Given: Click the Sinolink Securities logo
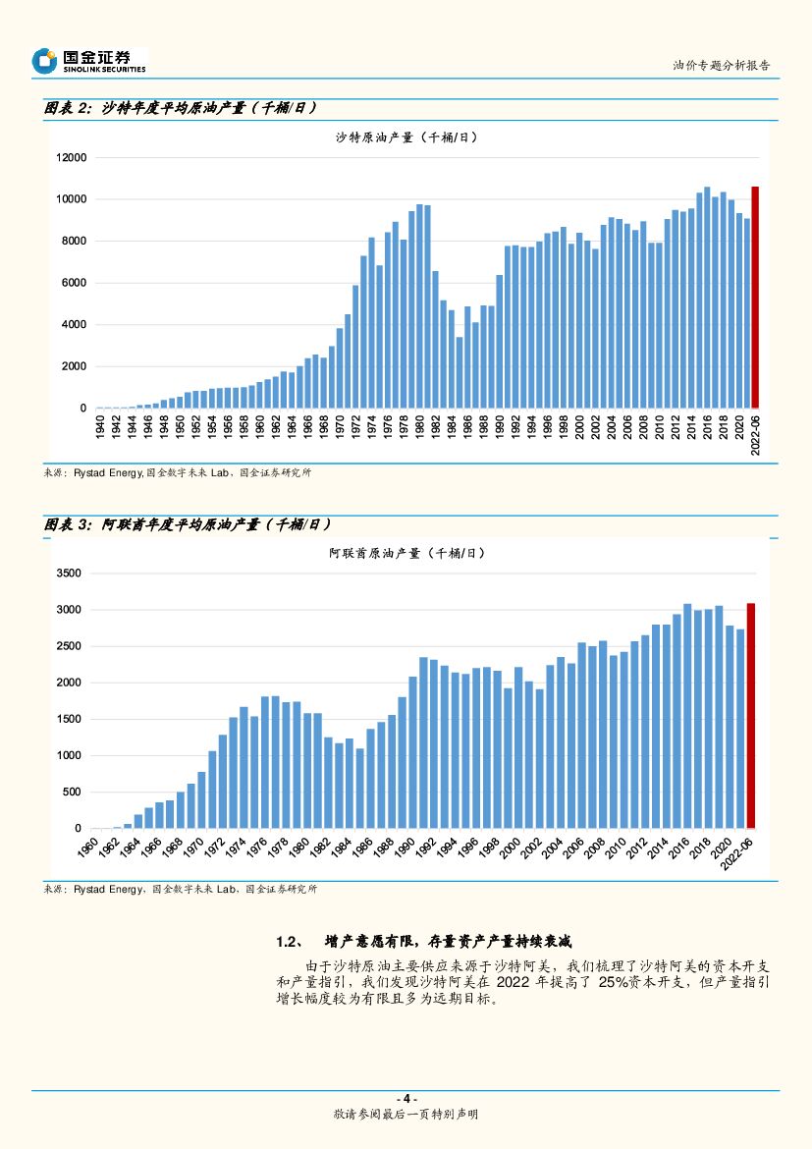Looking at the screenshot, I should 88,61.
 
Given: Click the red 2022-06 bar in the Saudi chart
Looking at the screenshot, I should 755,297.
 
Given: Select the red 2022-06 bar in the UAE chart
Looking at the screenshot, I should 751,716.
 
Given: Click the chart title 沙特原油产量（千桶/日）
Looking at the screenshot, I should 406,137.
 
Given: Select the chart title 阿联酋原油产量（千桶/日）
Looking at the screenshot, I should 406,554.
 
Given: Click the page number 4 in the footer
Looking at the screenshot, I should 406,1098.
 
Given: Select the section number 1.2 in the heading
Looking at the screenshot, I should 287,942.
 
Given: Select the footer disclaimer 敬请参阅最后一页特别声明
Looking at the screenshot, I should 406,1115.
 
